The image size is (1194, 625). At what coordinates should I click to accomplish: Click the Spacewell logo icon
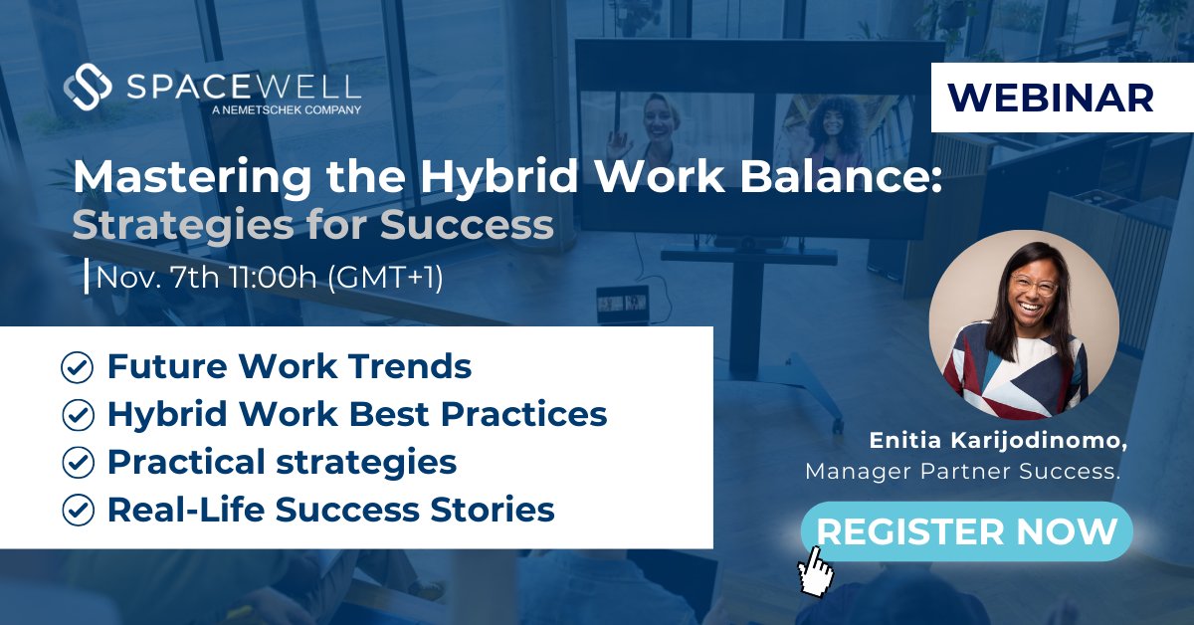tap(87, 87)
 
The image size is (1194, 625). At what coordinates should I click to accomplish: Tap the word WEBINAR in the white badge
tap(1051, 97)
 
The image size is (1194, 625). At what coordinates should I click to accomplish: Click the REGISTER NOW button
tap(966, 530)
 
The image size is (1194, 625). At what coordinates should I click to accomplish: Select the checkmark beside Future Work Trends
tap(77, 367)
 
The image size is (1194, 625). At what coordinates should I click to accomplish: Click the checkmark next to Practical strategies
tap(77, 463)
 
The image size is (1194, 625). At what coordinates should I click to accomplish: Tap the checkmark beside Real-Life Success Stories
tap(77, 511)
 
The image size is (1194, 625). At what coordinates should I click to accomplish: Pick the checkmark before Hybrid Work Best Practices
tap(77, 415)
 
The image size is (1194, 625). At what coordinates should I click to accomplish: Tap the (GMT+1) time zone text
tap(384, 277)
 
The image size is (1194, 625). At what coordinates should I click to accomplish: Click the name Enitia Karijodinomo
tap(995, 440)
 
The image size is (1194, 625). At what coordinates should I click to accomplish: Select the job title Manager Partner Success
tap(962, 471)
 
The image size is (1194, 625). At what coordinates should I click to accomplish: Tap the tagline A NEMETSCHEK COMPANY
tap(287, 109)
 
